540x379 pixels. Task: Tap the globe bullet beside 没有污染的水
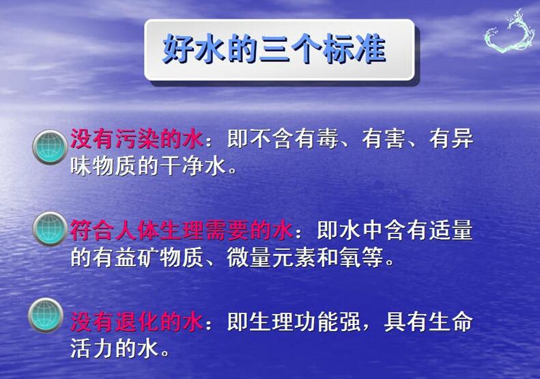tap(50, 147)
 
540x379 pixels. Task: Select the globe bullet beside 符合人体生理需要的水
tap(50, 229)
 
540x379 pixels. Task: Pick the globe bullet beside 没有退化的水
tap(46, 315)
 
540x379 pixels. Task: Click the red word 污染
tap(137, 139)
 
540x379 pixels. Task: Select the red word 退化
tap(137, 322)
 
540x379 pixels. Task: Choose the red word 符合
tap(92, 230)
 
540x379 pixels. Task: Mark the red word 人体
tap(137, 230)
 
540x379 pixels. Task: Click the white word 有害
tap(383, 139)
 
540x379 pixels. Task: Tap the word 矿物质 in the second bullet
tap(170, 257)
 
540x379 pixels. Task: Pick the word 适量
tap(451, 230)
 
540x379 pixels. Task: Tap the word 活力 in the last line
tap(92, 348)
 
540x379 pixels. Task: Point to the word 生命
tap(451, 322)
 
